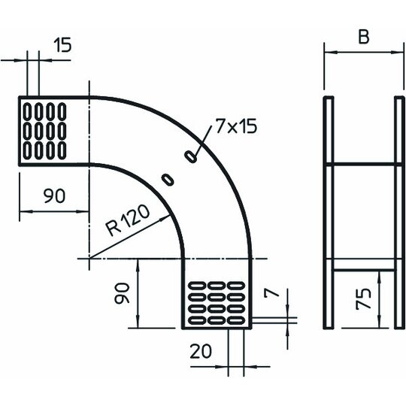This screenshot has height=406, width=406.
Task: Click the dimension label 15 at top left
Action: pyautogui.click(x=62, y=45)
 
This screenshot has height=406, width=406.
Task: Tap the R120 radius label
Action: pyautogui.click(x=128, y=220)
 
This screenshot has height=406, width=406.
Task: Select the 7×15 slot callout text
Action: pyautogui.click(x=236, y=126)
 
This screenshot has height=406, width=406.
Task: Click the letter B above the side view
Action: pyautogui.click(x=364, y=37)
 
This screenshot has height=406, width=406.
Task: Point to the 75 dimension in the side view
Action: pyautogui.click(x=363, y=298)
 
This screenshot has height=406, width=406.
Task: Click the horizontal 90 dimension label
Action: pyautogui.click(x=54, y=195)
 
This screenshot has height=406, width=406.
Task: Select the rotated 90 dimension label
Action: pyautogui.click(x=122, y=293)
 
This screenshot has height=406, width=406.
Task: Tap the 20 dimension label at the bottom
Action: pyautogui.click(x=201, y=351)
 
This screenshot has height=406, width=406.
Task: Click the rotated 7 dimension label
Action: pyautogui.click(x=271, y=293)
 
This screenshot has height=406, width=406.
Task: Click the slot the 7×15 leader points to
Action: pyautogui.click(x=190, y=156)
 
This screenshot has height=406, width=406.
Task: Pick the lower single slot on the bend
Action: pyautogui.click(x=168, y=180)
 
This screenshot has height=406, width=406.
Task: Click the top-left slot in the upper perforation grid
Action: pyautogui.click(x=27, y=111)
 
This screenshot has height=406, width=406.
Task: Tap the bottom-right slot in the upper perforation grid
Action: pyautogui.click(x=62, y=150)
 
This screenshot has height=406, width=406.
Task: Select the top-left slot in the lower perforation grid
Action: pyautogui.click(x=197, y=286)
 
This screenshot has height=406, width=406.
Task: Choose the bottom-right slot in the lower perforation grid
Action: pyautogui.click(x=236, y=320)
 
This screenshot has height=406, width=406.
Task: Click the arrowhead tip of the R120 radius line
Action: pyautogui.click(x=170, y=215)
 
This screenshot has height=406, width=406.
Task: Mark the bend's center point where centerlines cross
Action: pyautogui.click(x=89, y=259)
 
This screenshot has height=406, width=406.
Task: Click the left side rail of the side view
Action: pyautogui.click(x=329, y=213)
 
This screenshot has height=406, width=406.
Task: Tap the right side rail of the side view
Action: pyautogui.click(x=399, y=213)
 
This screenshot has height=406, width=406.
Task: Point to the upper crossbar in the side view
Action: pyautogui.click(x=364, y=164)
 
